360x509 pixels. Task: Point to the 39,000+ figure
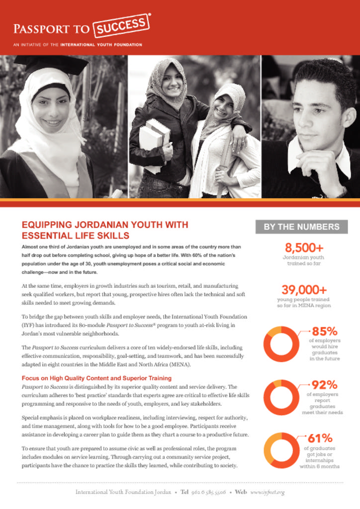304,290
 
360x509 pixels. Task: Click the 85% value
324,331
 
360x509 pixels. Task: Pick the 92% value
324,385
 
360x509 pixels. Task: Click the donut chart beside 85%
281,344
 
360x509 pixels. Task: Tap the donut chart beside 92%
281,398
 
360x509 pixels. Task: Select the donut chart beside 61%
281,450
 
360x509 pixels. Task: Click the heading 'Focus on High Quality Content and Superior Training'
96,378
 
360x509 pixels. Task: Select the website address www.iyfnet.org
267,492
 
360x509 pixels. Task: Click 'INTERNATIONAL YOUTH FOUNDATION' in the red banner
101,45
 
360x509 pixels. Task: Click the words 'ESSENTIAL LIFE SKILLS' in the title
76,235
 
